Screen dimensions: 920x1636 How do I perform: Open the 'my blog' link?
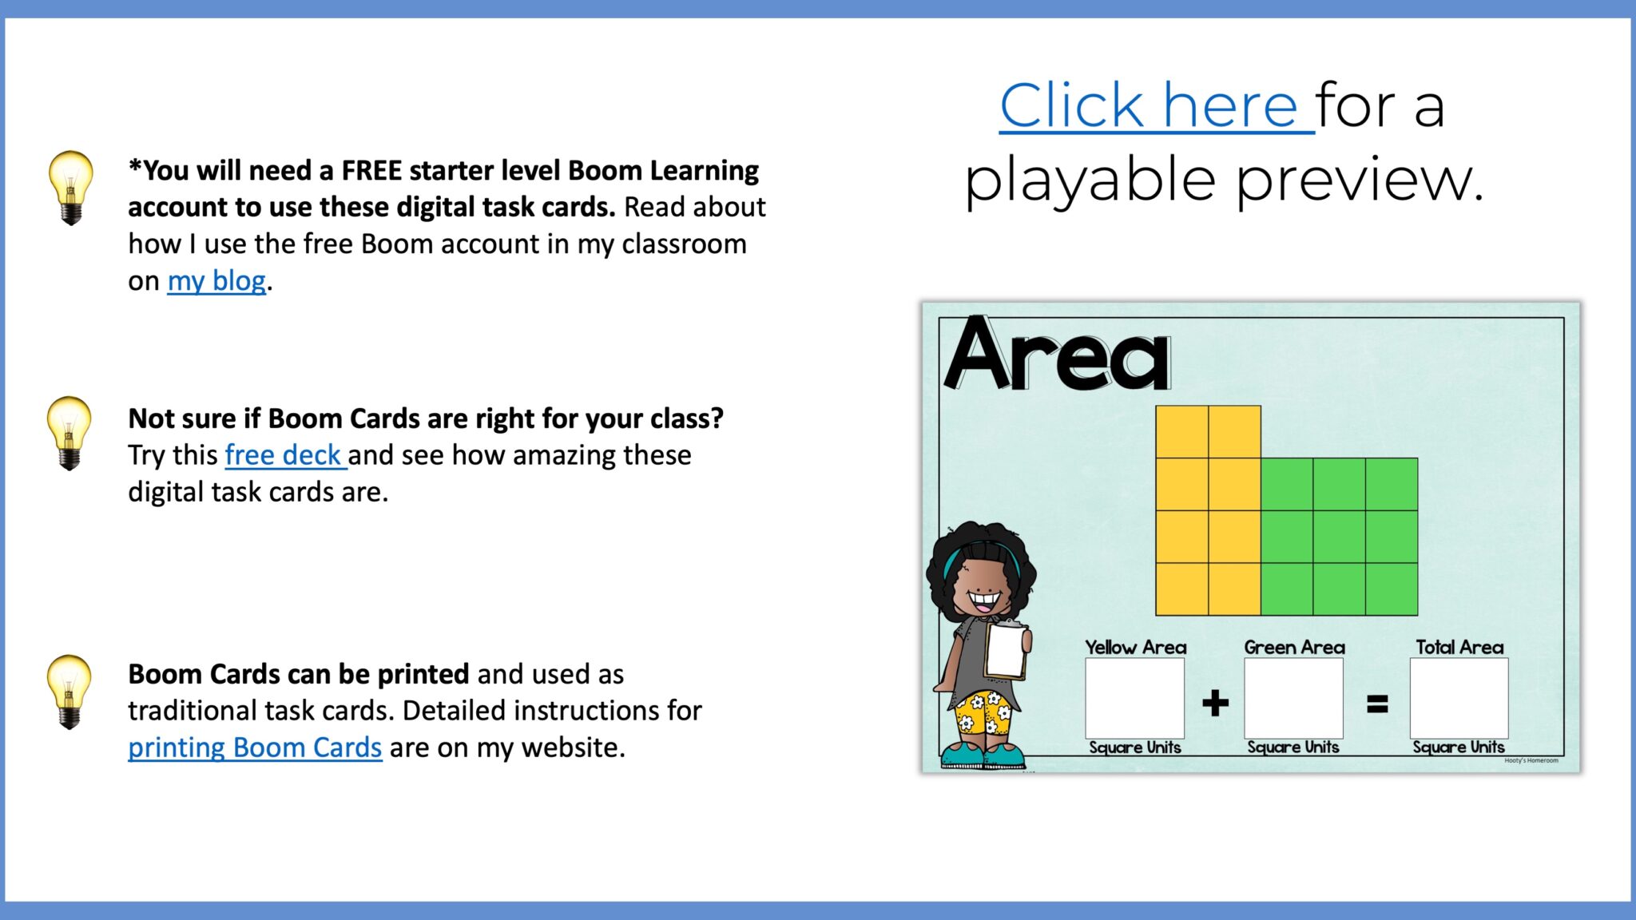pos(216,281)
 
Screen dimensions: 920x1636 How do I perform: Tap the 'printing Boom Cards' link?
pos(255,747)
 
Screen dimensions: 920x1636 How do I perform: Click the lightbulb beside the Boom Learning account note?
pos(70,187)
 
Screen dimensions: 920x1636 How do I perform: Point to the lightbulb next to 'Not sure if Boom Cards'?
pos(69,432)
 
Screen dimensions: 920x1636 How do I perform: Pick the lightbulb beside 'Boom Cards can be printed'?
pos(69,691)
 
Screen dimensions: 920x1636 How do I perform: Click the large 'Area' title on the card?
pos(1058,355)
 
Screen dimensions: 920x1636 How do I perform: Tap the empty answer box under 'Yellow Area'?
pos(1134,698)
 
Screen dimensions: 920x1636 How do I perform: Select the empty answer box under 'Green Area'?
pos(1293,698)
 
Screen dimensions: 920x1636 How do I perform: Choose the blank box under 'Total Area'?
pos(1459,698)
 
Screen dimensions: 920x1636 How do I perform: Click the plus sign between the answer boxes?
pos(1215,703)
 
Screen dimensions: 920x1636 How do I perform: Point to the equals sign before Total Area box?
pos(1377,704)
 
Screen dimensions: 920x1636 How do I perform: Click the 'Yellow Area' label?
pos(1135,647)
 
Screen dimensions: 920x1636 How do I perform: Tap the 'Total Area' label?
pos(1459,647)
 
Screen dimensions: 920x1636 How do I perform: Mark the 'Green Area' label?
pos(1294,647)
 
